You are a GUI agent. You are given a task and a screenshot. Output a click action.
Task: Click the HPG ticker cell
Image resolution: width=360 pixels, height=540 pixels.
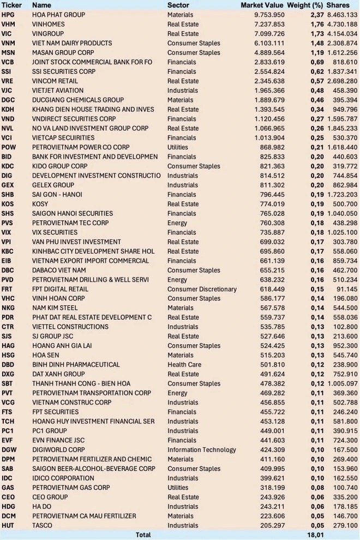[8, 15]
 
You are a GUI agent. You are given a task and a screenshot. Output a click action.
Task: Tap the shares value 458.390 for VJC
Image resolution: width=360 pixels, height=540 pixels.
[346, 91]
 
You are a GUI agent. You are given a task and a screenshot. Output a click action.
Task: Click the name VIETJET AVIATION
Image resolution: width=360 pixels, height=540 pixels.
[58, 91]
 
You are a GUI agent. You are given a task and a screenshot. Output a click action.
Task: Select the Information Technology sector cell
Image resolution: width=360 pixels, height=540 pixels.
[201, 449]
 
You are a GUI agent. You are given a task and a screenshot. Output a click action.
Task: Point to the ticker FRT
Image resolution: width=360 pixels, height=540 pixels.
[8, 289]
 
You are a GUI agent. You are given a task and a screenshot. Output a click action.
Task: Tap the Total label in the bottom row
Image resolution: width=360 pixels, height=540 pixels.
[143, 535]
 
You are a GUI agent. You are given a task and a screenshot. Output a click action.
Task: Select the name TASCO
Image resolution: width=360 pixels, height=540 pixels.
[43, 525]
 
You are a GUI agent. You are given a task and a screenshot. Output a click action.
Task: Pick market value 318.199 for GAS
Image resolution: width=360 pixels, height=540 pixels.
[272, 488]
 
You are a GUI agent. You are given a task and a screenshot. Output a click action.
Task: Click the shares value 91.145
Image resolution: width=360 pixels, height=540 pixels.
[347, 289]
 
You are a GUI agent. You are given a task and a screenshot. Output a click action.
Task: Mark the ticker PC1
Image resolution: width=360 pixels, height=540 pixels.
[8, 431]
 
